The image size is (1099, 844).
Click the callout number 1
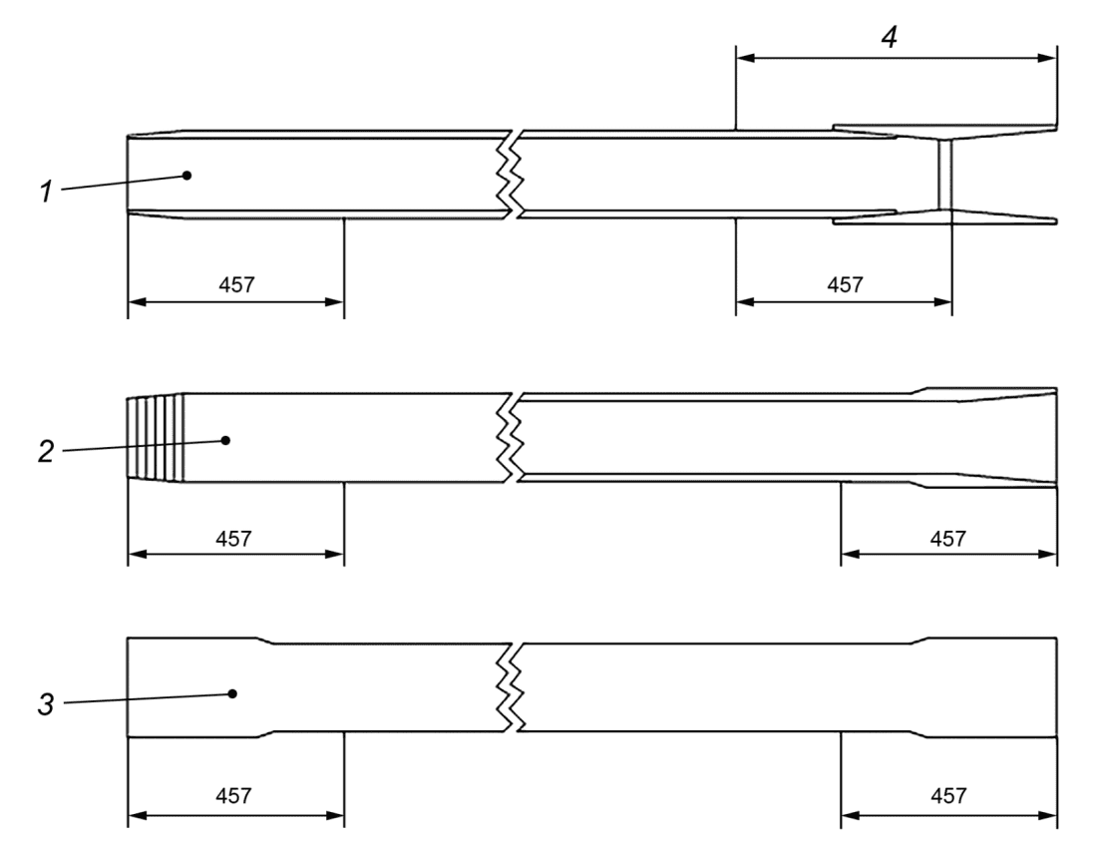pyautogui.click(x=46, y=191)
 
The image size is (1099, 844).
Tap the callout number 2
pyautogui.click(x=46, y=452)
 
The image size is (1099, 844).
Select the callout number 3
pyautogui.click(x=46, y=704)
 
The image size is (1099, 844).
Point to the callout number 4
pyautogui.click(x=889, y=37)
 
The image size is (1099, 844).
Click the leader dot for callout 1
pyautogui.click(x=186, y=176)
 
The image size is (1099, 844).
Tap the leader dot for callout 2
pyautogui.click(x=225, y=440)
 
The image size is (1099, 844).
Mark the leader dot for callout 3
pyautogui.click(x=232, y=694)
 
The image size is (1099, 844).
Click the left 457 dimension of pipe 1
pyautogui.click(x=236, y=285)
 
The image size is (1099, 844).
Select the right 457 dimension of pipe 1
pyautogui.click(x=845, y=285)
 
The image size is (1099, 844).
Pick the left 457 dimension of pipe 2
pyautogui.click(x=233, y=539)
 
